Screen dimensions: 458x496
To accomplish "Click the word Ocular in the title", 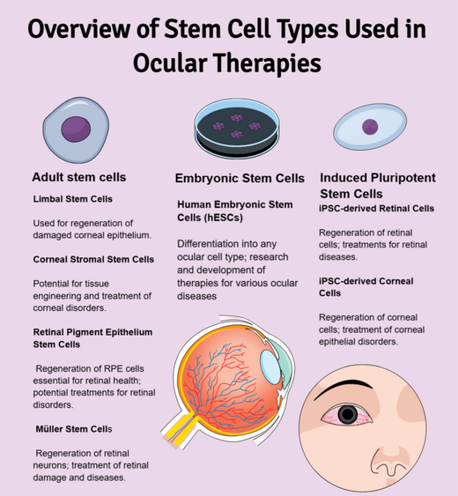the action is coord(170,63).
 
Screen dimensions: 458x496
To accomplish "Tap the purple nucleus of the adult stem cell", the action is coord(76,129).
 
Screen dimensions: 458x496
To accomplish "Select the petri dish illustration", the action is coord(237,128).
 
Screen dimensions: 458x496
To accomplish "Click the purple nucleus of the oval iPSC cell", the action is coord(370,127).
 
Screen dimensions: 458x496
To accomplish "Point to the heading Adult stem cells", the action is coord(79,177).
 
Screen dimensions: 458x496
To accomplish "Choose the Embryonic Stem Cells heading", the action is coord(240,178).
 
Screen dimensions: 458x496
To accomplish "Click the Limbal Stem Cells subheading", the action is coord(73,199).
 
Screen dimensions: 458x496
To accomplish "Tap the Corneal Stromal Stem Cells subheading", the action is coord(93,259).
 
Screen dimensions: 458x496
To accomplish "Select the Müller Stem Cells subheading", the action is coord(74,429).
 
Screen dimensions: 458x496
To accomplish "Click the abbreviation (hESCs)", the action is coord(223,218).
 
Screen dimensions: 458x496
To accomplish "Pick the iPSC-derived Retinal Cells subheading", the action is coord(376,209).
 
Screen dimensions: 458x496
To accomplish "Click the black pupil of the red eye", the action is coord(348,414).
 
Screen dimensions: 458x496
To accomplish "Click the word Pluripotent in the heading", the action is coord(403,178).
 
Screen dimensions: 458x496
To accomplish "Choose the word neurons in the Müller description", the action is coord(50,465).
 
